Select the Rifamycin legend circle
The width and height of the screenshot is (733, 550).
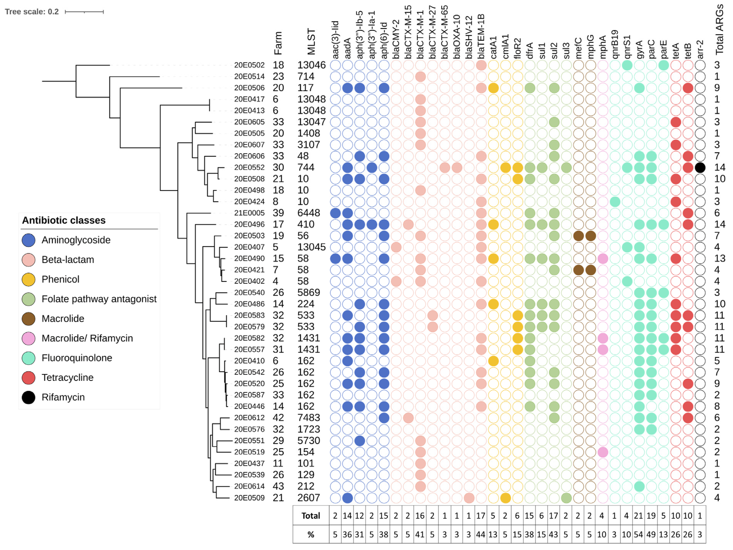pyautogui.click(x=28, y=397)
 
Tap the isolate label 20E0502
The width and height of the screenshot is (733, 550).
pyautogui.click(x=249, y=65)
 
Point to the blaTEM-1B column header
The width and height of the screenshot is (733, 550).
pyautogui.click(x=481, y=37)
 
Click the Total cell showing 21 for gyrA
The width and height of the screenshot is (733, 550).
pyautogui.click(x=639, y=516)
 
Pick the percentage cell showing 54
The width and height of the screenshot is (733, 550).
pyautogui.click(x=639, y=534)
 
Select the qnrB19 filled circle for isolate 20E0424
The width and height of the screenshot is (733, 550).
pyautogui.click(x=615, y=202)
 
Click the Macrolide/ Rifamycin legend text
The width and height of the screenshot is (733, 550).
pyautogui.click(x=87, y=338)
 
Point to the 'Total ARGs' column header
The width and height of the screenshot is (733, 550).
pyautogui.click(x=719, y=30)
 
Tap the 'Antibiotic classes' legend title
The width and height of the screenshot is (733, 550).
pyautogui.click(x=64, y=220)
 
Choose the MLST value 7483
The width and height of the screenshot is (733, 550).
pyautogui.click(x=308, y=418)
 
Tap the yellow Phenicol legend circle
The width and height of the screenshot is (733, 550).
pyautogui.click(x=28, y=280)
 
